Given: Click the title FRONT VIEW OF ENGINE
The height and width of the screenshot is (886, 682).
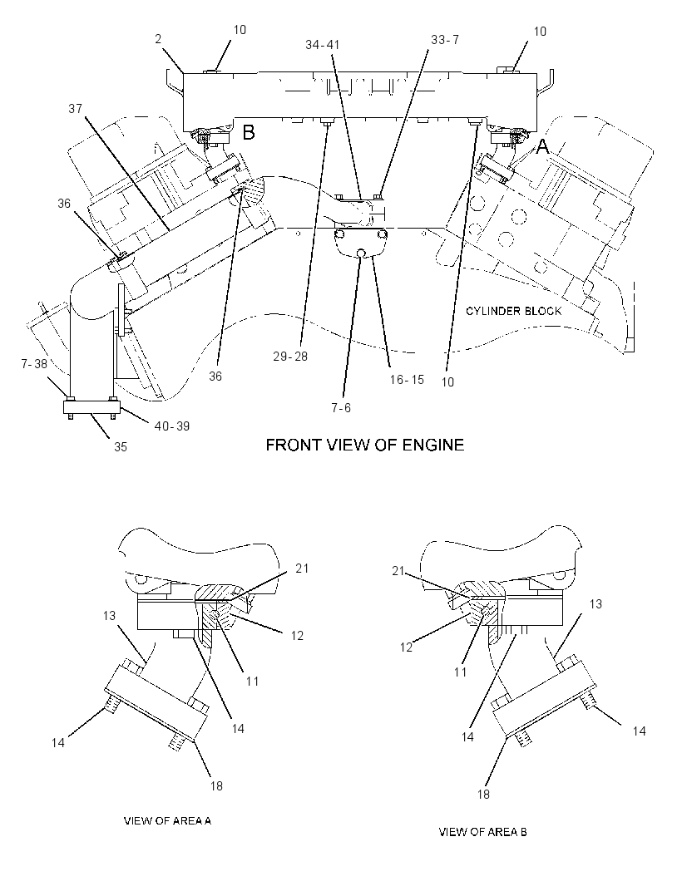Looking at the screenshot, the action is (365, 445).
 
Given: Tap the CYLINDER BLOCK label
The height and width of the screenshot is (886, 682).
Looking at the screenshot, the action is (513, 311).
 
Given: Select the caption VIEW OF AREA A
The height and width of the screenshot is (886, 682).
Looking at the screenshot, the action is (167, 820).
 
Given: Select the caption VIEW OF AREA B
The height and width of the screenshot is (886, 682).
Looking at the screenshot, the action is (483, 832).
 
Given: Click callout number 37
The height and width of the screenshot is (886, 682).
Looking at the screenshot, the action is (75, 109).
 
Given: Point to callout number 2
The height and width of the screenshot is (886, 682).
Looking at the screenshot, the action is (158, 39).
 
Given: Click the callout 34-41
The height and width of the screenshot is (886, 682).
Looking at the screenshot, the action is (323, 44).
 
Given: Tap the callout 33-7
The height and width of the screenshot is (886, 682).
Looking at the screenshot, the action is (444, 40).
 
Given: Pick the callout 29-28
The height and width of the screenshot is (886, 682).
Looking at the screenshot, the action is (290, 357).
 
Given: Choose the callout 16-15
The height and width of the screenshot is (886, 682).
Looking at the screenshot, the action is (407, 380).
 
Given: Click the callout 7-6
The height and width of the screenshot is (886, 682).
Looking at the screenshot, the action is (341, 407).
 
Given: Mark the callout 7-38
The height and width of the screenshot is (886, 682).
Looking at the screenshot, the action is (34, 365).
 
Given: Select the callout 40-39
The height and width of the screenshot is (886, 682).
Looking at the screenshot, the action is (172, 426).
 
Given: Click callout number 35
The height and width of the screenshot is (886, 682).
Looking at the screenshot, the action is (121, 447).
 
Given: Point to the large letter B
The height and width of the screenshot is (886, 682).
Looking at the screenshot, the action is (249, 132).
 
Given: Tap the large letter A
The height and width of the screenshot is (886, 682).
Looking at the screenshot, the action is (542, 147).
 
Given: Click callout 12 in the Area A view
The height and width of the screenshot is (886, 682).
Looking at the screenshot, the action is (297, 636).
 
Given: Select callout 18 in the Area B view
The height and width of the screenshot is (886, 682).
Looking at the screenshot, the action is (483, 795).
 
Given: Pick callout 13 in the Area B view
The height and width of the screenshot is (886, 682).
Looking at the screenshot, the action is (596, 604).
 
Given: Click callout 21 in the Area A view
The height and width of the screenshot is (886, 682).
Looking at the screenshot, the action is (302, 568).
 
